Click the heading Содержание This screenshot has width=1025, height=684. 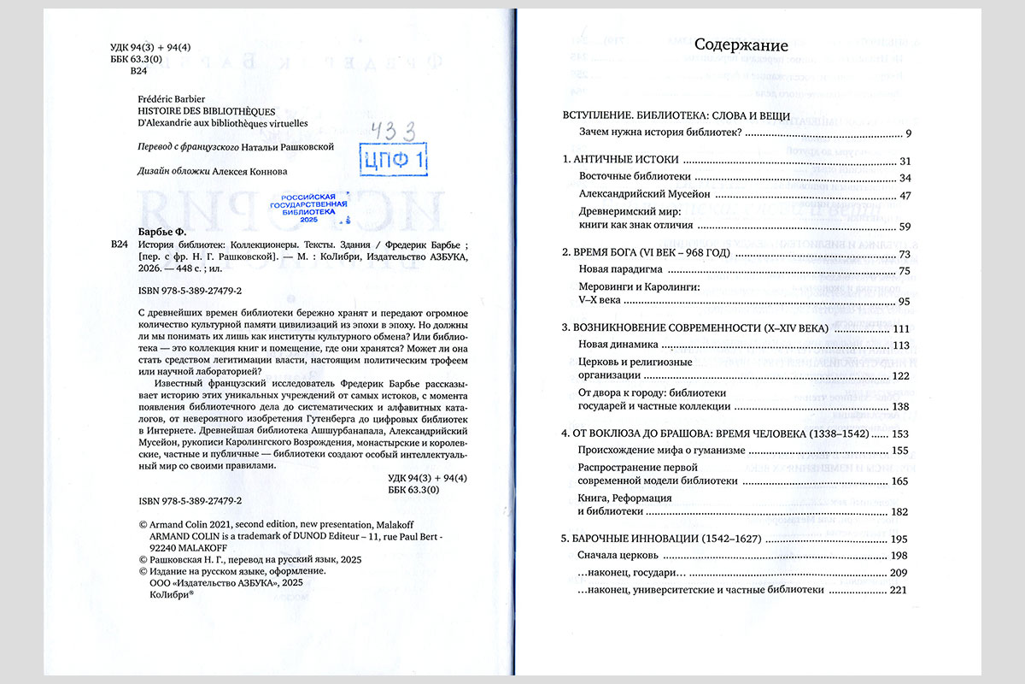(x=741, y=45)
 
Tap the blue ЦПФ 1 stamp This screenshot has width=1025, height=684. (x=395, y=158)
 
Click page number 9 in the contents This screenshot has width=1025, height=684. (x=909, y=133)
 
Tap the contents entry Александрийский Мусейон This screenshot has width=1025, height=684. (x=645, y=194)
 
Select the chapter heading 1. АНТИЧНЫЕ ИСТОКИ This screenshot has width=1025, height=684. (x=619, y=161)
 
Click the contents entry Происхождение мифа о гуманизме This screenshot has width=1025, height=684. (x=662, y=451)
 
